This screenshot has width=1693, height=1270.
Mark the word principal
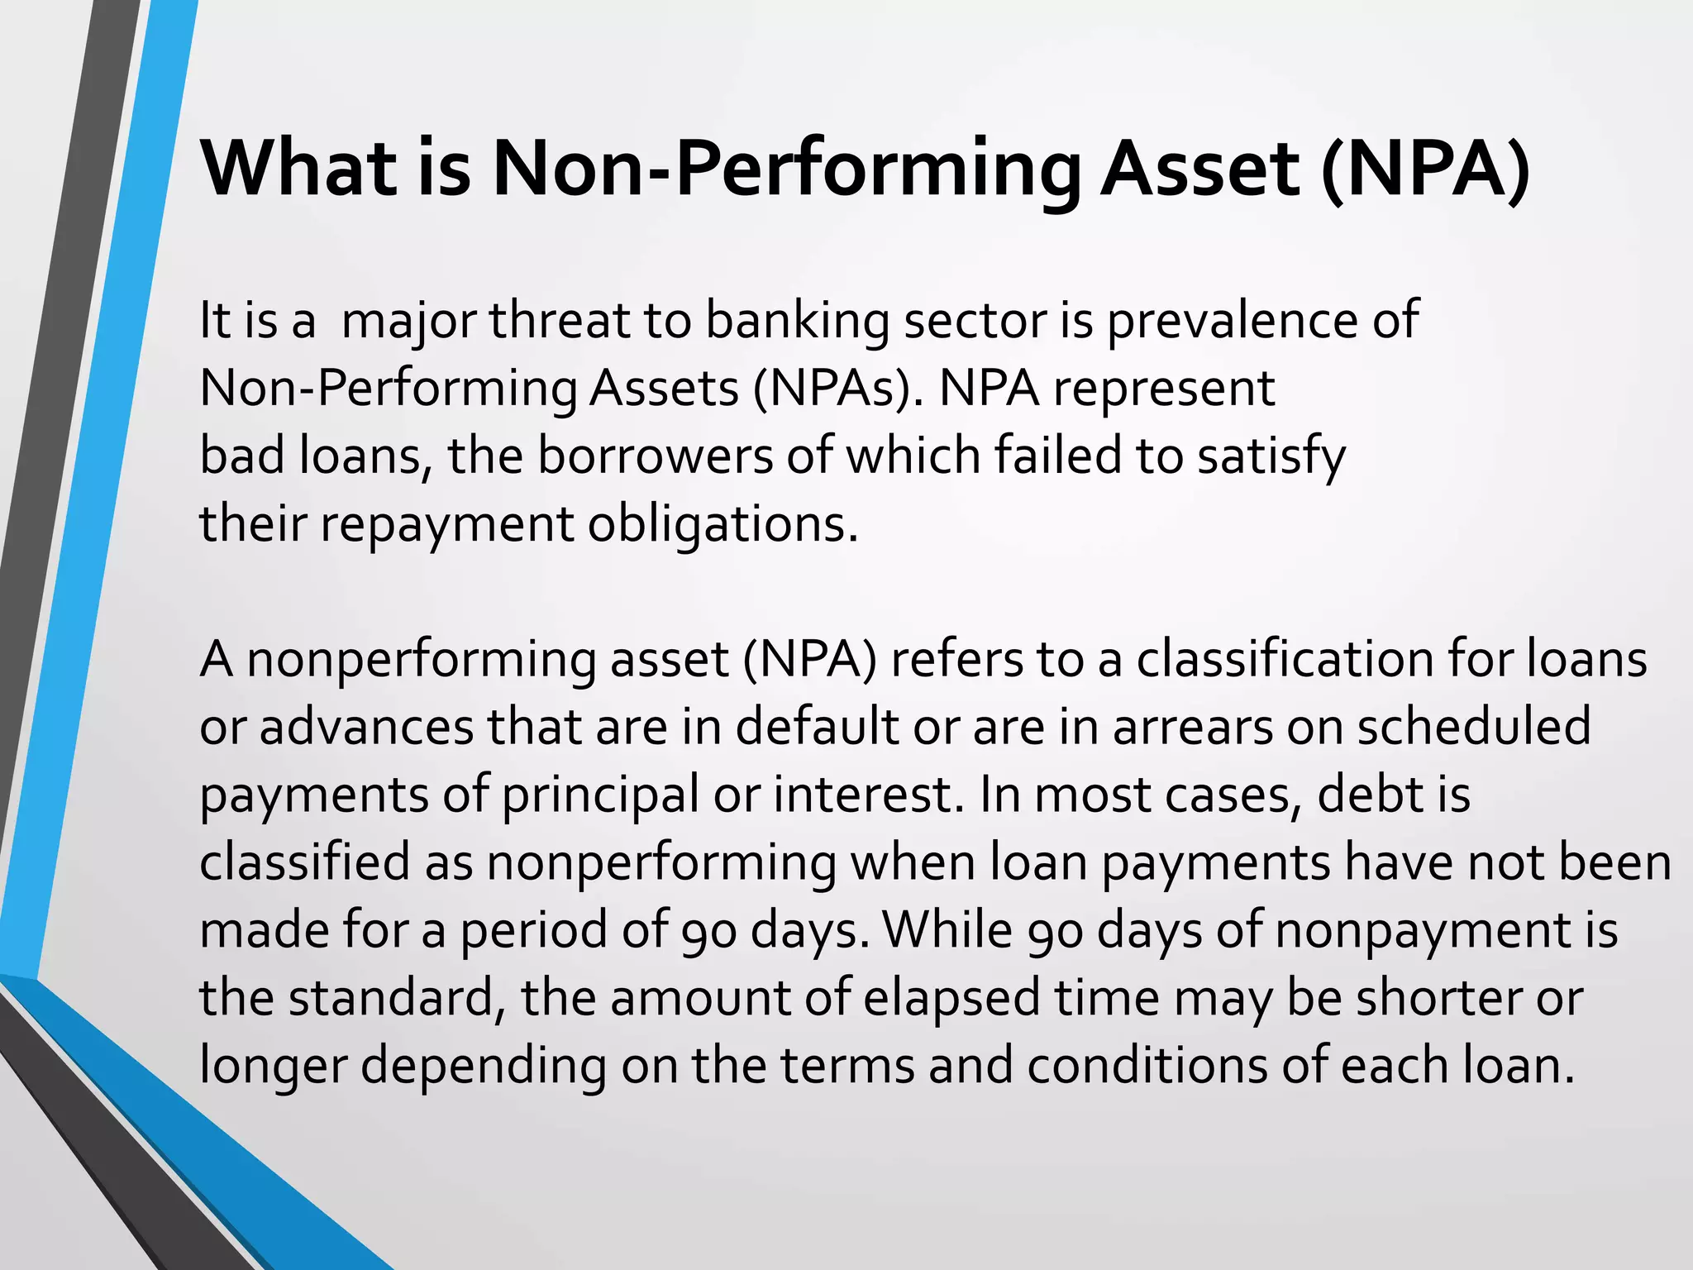coord(600,795)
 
